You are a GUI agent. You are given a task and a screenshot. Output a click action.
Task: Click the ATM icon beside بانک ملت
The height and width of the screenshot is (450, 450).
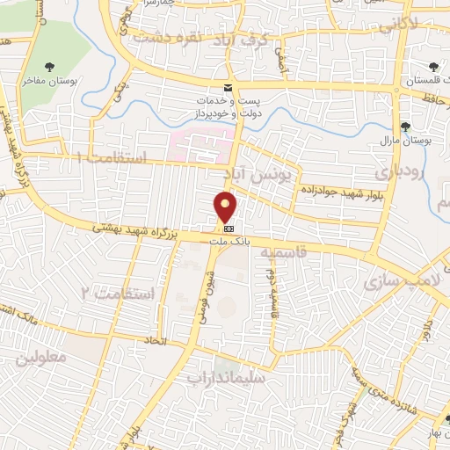click(x=217, y=227)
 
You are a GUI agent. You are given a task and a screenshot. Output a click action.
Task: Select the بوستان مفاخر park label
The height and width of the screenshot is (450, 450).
click(x=50, y=81)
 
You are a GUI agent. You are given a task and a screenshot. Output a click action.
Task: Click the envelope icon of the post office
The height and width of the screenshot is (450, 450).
click(x=228, y=88)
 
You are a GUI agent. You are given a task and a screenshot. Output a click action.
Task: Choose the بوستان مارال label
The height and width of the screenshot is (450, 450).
click(x=405, y=141)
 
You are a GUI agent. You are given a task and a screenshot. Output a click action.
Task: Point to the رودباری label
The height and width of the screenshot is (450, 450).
click(x=396, y=168)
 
